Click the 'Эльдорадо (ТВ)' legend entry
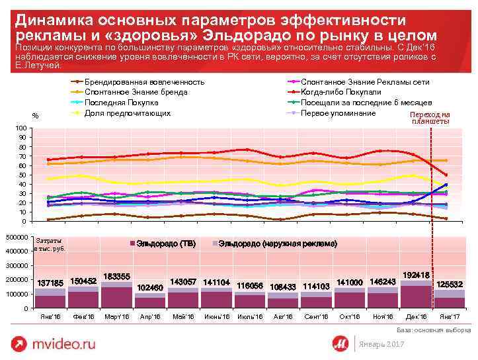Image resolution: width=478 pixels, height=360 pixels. [x=165, y=244]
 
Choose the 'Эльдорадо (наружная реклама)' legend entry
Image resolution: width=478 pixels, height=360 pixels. [x=277, y=244]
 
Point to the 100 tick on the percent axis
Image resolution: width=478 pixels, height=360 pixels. [x=20, y=128]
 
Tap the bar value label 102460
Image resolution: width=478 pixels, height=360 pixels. [x=149, y=287]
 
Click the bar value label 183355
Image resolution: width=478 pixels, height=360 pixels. [x=117, y=275]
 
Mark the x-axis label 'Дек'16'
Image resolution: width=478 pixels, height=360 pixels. [x=416, y=317]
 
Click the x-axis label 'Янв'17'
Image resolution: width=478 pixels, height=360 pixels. [x=449, y=317]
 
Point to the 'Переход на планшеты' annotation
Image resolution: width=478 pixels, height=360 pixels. [x=430, y=118]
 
